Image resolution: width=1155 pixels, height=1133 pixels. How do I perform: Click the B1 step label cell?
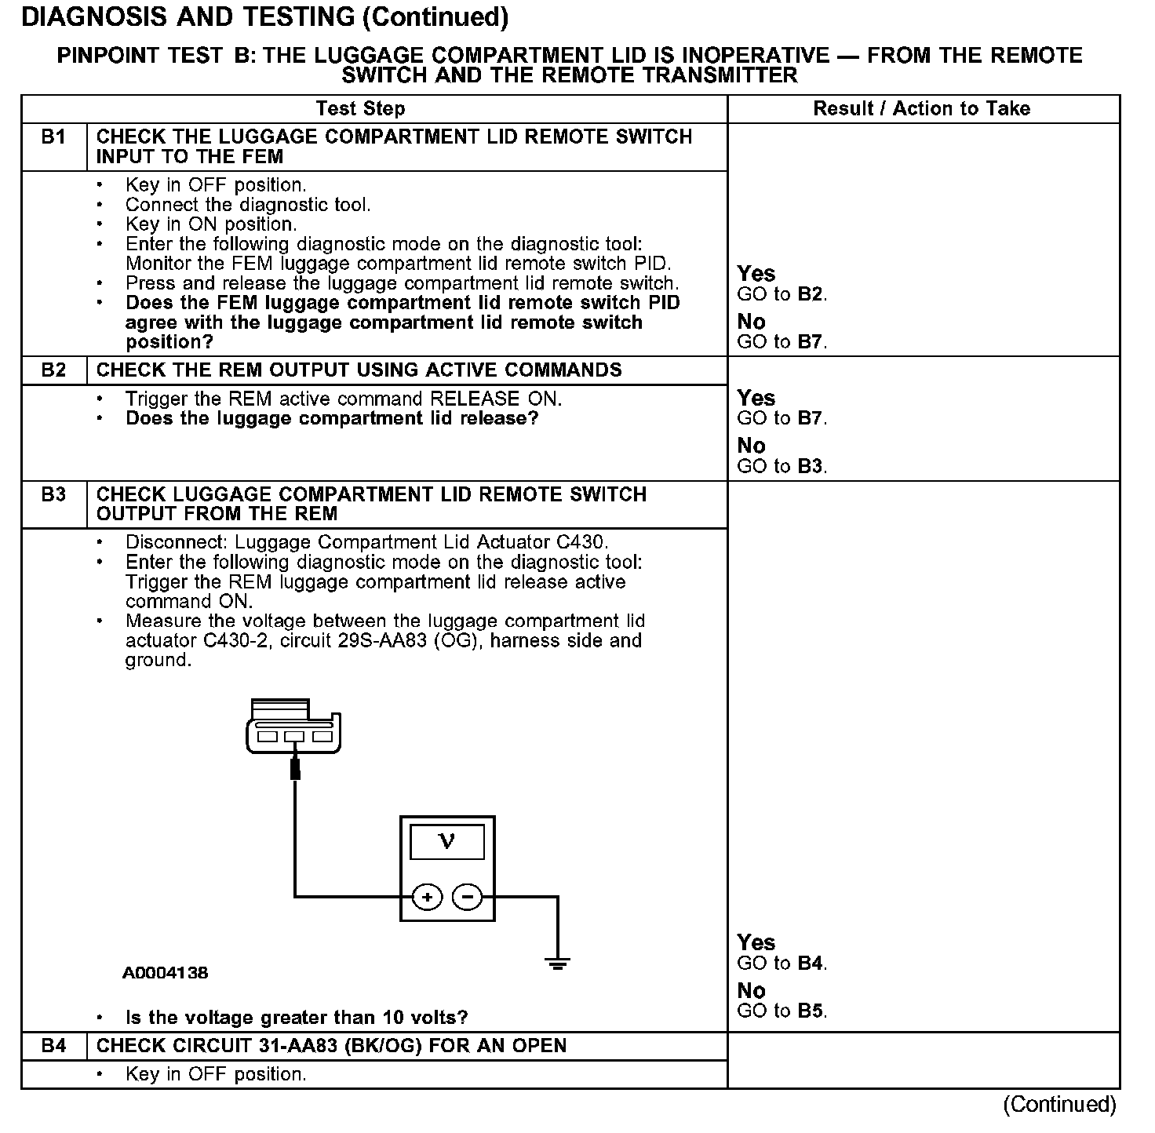tap(53, 138)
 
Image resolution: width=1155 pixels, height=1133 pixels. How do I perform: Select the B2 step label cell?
tap(53, 370)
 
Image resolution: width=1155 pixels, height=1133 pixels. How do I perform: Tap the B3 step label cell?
tap(53, 495)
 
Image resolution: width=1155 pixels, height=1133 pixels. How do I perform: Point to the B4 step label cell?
tap(53, 1046)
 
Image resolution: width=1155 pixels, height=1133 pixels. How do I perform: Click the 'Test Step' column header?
tap(360, 109)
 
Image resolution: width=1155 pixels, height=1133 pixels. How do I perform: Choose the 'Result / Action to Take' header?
tap(921, 109)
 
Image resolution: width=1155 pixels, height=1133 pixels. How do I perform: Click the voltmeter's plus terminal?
tap(427, 896)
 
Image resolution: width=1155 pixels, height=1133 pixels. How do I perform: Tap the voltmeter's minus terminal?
tap(468, 896)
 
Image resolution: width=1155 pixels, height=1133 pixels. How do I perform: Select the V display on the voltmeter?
tap(447, 843)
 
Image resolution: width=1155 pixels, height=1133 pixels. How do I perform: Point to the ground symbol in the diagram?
tap(557, 962)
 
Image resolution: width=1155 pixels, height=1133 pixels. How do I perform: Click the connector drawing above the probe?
tap(293, 727)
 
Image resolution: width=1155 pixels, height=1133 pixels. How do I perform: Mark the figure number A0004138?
tap(165, 973)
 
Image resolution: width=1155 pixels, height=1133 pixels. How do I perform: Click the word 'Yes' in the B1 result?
tap(756, 274)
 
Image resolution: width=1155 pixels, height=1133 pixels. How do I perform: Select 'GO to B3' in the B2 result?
tap(782, 466)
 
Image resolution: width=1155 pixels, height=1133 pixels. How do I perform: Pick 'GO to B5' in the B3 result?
tap(782, 1011)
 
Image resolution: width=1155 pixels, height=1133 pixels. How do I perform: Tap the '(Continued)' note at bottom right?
tap(1059, 1105)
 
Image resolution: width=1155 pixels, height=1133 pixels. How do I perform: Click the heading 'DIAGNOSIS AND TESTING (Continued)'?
tap(264, 17)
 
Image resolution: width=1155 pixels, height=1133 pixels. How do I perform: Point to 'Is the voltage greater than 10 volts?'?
tap(297, 1018)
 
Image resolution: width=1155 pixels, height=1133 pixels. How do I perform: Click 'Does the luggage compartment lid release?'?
tap(332, 418)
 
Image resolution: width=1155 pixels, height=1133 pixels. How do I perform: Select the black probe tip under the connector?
tap(295, 769)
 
